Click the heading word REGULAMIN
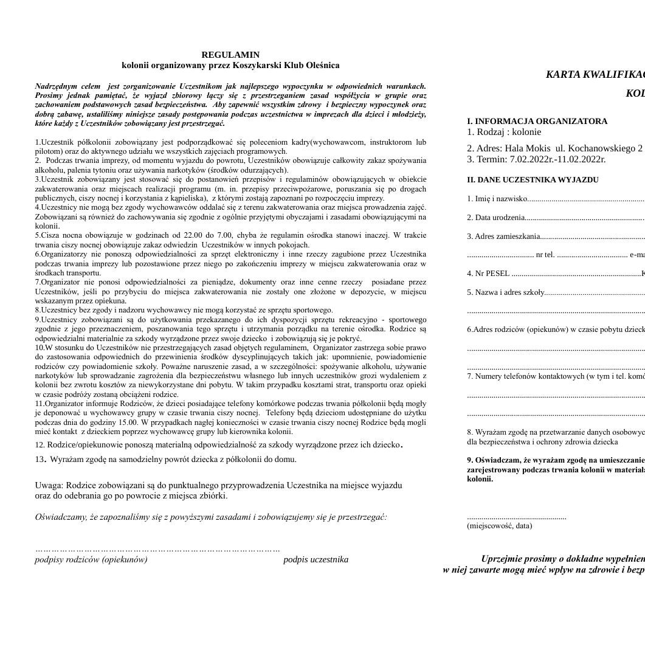coord(230,55)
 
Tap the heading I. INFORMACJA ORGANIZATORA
coord(537,121)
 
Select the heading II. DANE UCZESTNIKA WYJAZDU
coord(533,180)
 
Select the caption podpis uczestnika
coord(316,559)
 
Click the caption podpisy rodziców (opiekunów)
coord(91,559)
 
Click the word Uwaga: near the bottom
coord(49,485)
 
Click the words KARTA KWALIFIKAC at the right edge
coord(595,74)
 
